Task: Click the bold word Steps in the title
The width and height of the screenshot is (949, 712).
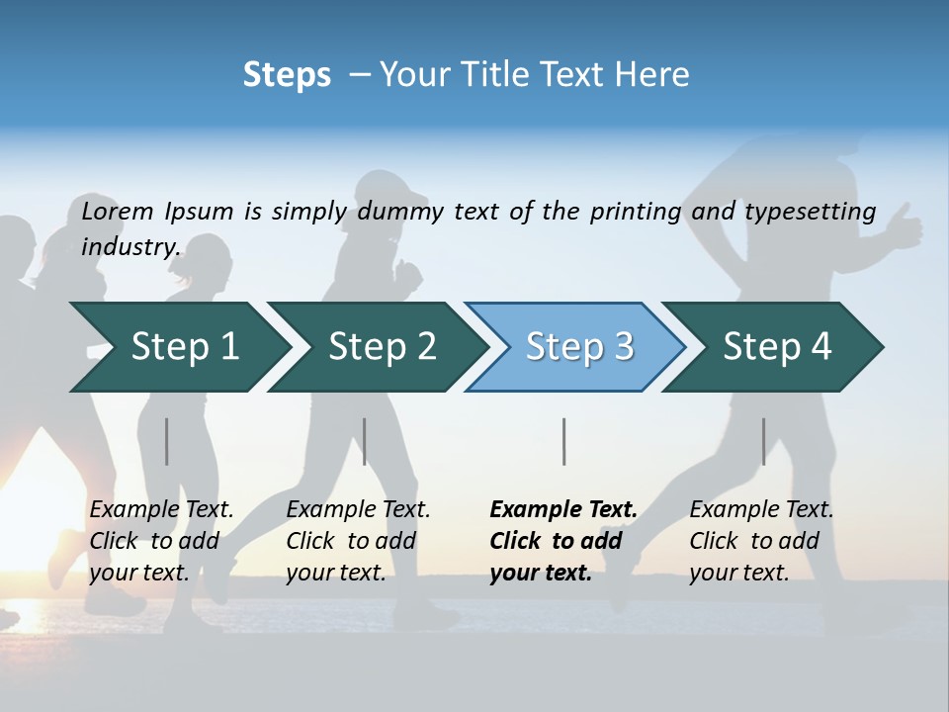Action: tap(287, 75)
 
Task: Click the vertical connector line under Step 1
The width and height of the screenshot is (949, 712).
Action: tap(167, 441)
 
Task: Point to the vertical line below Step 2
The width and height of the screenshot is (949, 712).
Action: tap(365, 441)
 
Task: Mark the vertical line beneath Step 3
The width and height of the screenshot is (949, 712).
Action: tap(563, 441)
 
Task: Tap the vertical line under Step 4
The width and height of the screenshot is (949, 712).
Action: tap(763, 441)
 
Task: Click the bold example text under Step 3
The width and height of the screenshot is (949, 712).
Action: tap(562, 541)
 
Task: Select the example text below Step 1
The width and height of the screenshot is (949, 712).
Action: tap(161, 541)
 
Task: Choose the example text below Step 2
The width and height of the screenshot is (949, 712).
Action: tap(358, 541)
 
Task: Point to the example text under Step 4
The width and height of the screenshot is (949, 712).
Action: tap(761, 541)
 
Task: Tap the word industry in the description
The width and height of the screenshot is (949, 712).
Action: tap(130, 247)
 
